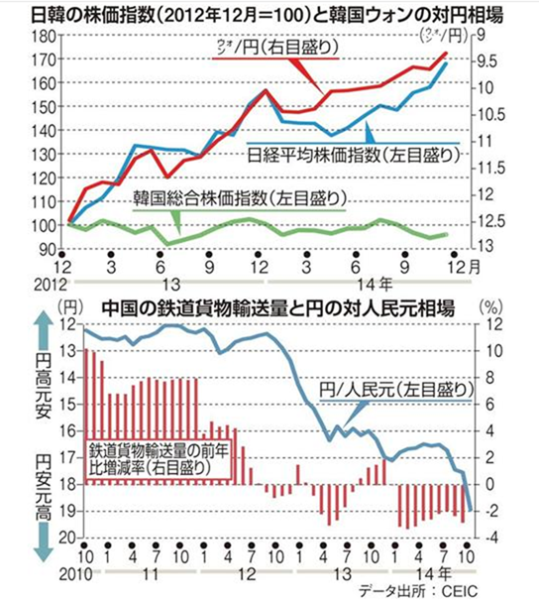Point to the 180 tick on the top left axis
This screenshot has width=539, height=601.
pyautogui.click(x=44, y=36)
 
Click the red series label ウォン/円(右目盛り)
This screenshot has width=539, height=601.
pyautogui.click(x=287, y=47)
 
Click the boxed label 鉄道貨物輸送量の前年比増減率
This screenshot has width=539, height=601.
pyautogui.click(x=161, y=455)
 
